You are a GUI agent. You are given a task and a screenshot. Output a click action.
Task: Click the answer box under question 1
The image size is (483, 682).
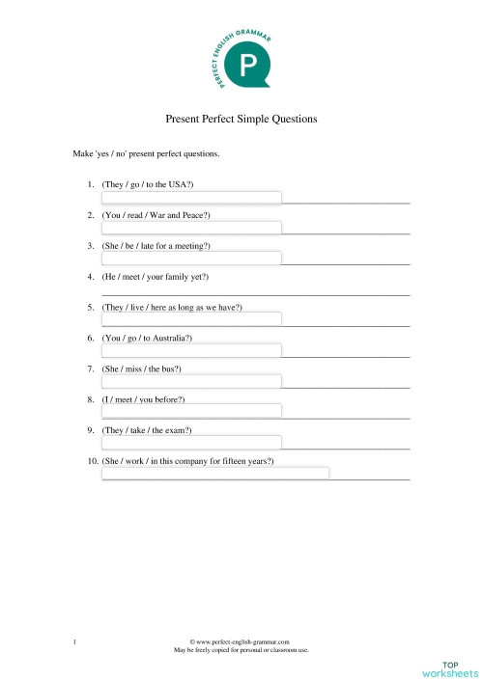pos(191,198)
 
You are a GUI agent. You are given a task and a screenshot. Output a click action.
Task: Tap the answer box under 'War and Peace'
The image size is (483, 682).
pos(191,228)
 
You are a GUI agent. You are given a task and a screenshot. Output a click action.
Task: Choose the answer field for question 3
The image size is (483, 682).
pos(191,259)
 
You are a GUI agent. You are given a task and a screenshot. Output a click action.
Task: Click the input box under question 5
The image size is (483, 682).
pos(191,319)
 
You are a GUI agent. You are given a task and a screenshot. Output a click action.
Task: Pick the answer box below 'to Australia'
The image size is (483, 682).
pos(191,350)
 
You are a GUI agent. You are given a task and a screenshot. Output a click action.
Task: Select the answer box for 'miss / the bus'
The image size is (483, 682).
pos(191,381)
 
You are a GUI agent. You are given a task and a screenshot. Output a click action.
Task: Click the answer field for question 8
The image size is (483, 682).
pos(191,411)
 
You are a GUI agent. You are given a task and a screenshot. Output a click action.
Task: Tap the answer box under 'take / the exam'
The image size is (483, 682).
pos(191,442)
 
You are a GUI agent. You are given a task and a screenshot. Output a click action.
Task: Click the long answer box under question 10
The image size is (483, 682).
pos(215,473)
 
